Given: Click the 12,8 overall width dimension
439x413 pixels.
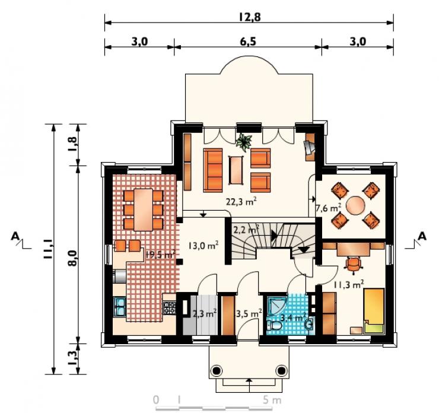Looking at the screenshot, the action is pos(250,17).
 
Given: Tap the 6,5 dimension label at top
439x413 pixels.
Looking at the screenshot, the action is pos(248,42).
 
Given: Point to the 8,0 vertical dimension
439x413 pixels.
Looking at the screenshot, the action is pos(72,258).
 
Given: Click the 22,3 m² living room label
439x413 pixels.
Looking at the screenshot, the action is pos(241,201).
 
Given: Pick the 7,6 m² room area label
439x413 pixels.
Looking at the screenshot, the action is pos(329,208).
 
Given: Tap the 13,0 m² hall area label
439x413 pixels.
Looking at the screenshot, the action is pos(203,246).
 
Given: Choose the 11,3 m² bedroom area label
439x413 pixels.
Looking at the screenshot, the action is pos(349,284).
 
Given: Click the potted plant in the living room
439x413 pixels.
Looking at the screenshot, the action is pos(244,141).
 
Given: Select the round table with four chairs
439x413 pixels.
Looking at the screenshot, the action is pos(355,206).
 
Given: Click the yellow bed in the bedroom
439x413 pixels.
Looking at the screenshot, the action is pos(374,311).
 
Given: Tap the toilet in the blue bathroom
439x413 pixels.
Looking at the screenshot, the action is pos(274,325).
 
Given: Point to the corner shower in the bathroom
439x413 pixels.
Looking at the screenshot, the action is pos(276,306).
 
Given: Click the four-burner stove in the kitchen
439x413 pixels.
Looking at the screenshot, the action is pos(170,307).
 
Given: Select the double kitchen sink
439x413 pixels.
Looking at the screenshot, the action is pos(120,307).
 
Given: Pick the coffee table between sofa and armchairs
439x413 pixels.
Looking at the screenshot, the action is pos(236,170).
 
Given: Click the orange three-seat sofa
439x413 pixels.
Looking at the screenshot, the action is pos(213,170).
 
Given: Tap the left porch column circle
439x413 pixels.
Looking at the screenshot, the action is pos(216,371).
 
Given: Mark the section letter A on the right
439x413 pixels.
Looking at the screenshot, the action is pos(422,237).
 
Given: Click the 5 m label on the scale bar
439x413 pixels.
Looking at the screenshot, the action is pos(272,400).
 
